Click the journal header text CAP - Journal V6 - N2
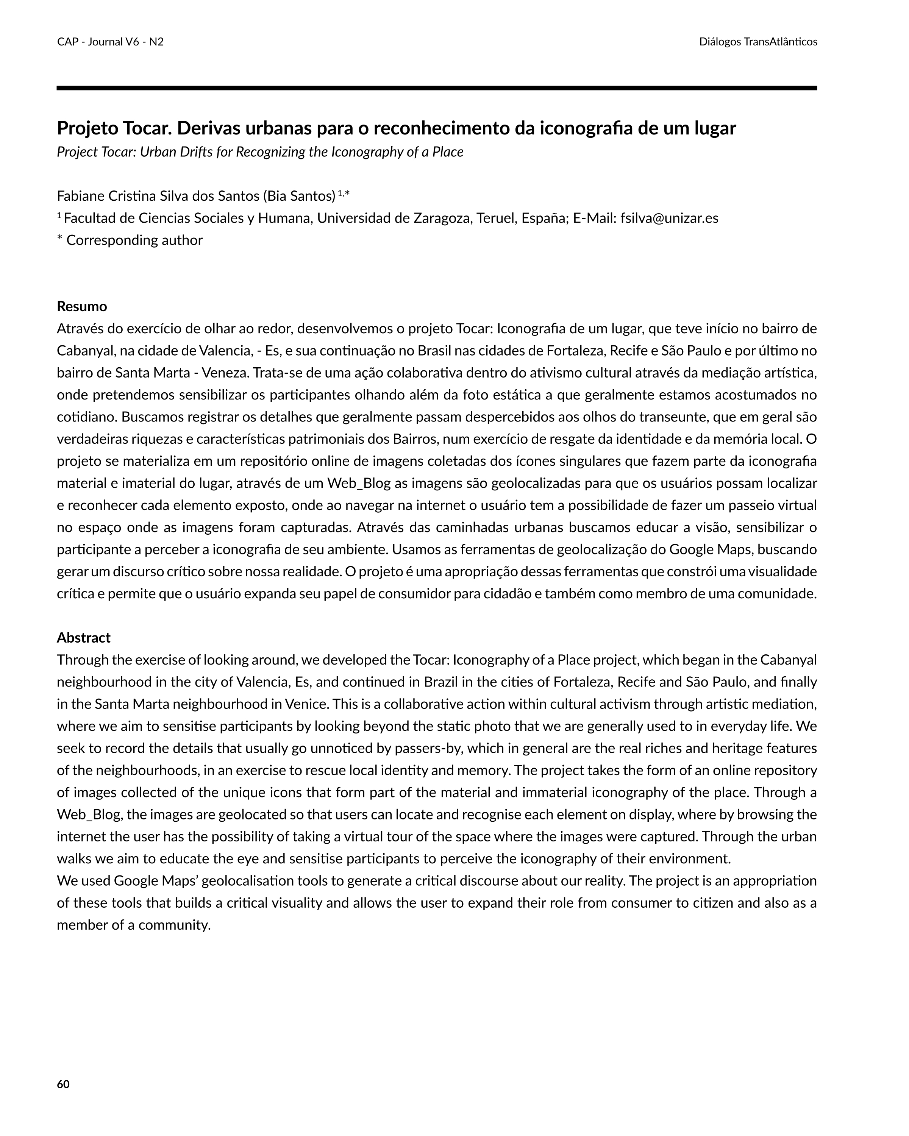(110, 42)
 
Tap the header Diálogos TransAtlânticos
(758, 42)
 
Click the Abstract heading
(83, 638)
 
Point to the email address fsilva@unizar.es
(669, 218)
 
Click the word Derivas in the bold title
(210, 128)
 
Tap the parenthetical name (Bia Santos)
(299, 196)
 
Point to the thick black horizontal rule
(436, 88)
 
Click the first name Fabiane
(80, 196)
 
